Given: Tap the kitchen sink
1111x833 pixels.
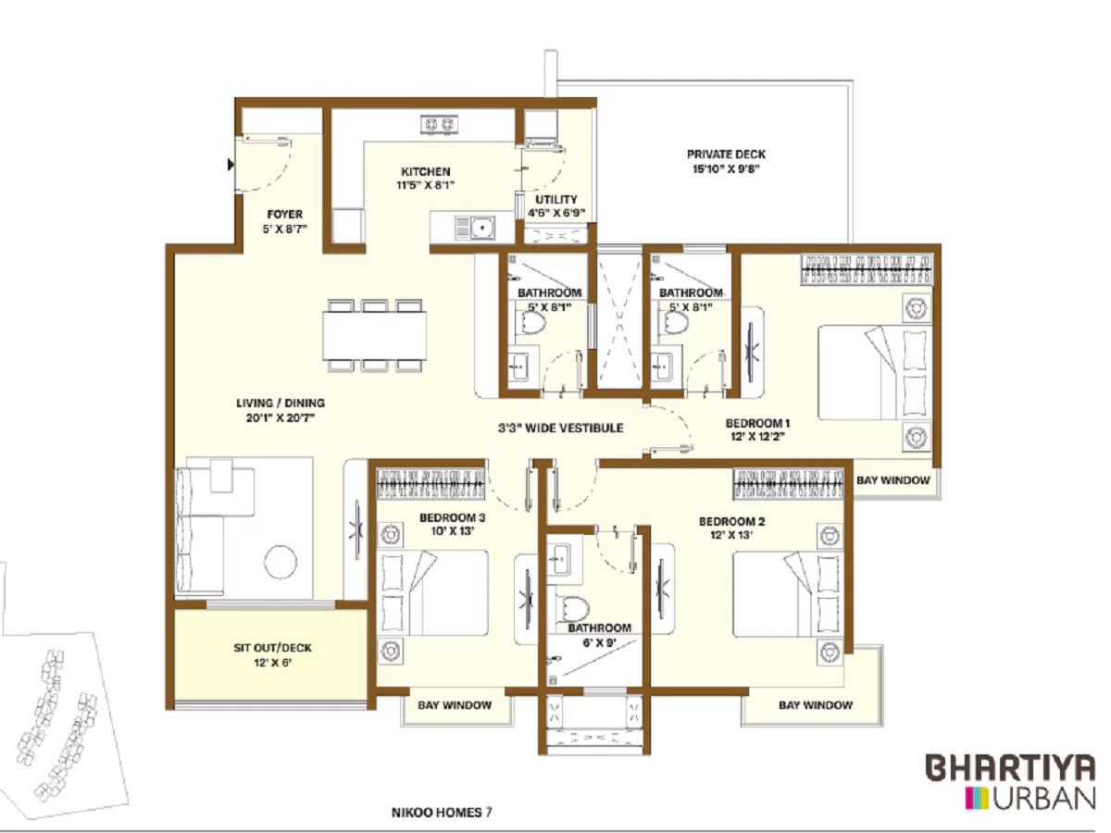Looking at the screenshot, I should (x=480, y=226).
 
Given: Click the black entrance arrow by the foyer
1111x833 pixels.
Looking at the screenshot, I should (x=231, y=166).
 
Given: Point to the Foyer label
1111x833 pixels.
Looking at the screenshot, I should (x=284, y=214).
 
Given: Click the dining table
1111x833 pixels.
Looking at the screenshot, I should (x=375, y=334).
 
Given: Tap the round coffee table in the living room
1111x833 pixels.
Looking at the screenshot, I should (x=281, y=560).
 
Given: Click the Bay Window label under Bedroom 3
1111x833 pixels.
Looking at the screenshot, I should (x=454, y=705).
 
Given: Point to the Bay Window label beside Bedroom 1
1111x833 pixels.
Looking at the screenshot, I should (x=893, y=480).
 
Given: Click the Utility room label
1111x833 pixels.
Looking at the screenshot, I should (x=556, y=199).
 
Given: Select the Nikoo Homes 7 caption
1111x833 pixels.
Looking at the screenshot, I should (x=442, y=813).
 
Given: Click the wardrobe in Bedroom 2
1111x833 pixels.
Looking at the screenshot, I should (x=789, y=480).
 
